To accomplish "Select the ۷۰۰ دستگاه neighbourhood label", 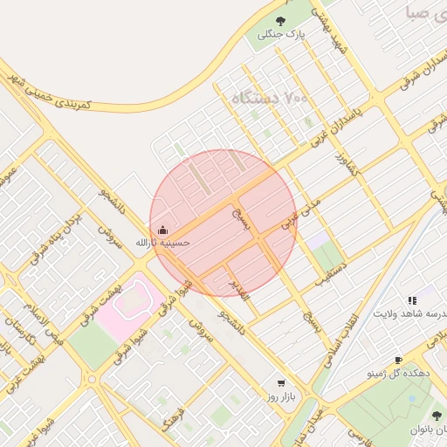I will [270, 99].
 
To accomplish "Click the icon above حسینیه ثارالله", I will [162, 230].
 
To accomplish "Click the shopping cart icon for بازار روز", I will [280, 382].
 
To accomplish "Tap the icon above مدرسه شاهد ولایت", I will [411, 300].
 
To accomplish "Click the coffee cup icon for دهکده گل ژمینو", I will [398, 360].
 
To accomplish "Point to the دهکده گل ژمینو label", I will [399, 373].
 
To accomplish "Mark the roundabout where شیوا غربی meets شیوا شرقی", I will [91, 379].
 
